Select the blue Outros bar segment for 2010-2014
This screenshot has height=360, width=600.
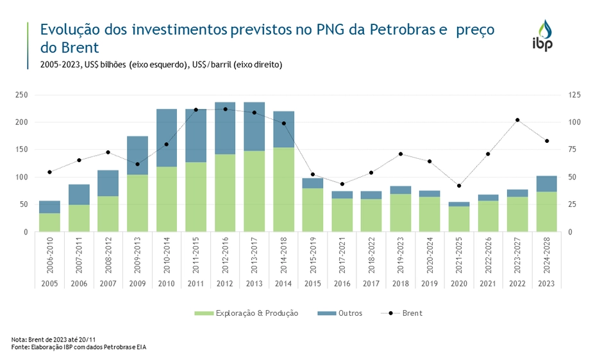point(167,138)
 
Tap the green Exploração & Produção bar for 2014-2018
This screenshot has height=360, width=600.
point(283,190)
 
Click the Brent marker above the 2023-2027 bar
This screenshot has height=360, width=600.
point(517,120)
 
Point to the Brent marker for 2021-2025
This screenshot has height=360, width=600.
point(459,186)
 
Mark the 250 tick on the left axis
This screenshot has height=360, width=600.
point(22,95)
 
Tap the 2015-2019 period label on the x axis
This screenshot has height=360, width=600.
point(313,256)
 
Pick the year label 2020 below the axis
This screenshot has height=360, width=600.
point(459,283)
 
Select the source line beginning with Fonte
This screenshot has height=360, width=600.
point(83,347)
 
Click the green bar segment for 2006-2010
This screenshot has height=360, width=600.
point(49,222)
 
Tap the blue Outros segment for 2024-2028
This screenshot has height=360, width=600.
point(547,184)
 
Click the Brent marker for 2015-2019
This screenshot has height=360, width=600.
point(313,174)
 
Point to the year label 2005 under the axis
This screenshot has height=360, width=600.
point(49,283)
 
